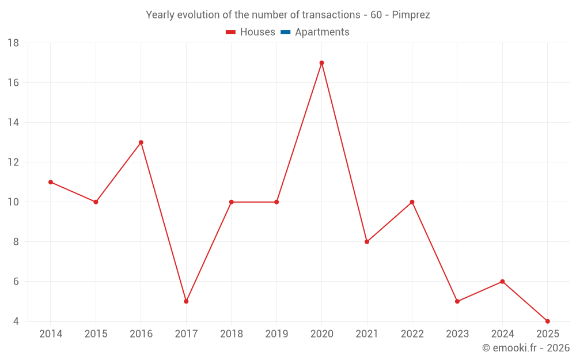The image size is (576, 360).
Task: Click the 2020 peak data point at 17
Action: [321, 63]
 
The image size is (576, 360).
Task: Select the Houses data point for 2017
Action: [186, 301]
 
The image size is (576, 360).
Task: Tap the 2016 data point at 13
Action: [141, 142]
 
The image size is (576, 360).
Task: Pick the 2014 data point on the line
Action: [51, 182]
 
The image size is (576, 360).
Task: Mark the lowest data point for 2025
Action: [547, 321]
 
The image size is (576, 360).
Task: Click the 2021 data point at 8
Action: [367, 242]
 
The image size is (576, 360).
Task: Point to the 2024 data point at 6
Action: [502, 282]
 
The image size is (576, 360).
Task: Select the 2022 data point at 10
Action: [412, 202]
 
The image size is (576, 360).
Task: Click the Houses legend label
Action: [257, 32]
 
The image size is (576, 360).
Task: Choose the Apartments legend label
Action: [322, 32]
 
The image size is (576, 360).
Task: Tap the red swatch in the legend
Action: [231, 32]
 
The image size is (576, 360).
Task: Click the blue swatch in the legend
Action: [285, 32]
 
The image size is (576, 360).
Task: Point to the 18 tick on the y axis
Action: [13, 43]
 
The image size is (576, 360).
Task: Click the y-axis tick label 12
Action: [13, 162]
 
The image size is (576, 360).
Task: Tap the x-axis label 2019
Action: [276, 334]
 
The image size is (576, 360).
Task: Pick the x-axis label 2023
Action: [457, 334]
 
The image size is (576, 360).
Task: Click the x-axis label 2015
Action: [96, 334]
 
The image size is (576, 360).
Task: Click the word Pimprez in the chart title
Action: [411, 15]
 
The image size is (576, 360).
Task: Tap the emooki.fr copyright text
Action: [525, 348]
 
